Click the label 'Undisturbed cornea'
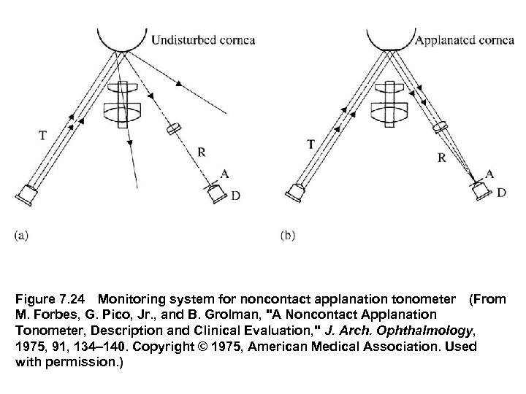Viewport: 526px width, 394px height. click(x=202, y=39)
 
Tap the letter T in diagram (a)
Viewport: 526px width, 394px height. click(x=44, y=134)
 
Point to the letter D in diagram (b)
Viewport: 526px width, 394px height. click(x=500, y=192)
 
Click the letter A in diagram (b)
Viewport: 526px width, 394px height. click(x=489, y=173)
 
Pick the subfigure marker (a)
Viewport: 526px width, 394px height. click(x=22, y=235)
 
